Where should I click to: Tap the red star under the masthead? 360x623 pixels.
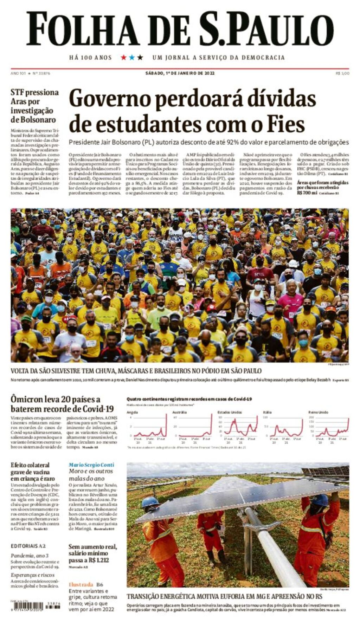pyautogui.click(x=123, y=57)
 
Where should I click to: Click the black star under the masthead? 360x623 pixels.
pyautogui.click(x=140, y=57)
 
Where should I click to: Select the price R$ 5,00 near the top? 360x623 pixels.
pyautogui.click(x=342, y=73)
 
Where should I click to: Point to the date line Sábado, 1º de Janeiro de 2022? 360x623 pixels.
pyautogui.click(x=180, y=73)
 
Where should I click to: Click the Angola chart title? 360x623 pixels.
pyautogui.click(x=132, y=412)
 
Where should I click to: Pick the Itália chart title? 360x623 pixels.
pyautogui.click(x=267, y=412)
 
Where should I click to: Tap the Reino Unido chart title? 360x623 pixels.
pyautogui.click(x=318, y=412)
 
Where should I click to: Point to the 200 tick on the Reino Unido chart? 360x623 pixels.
pyautogui.click(x=311, y=417)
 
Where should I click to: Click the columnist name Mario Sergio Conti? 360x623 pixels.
pyautogui.click(x=91, y=465)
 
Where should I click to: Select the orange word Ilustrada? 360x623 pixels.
pyautogui.click(x=81, y=584)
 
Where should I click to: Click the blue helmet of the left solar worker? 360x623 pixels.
pyautogui.click(x=150, y=502)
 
